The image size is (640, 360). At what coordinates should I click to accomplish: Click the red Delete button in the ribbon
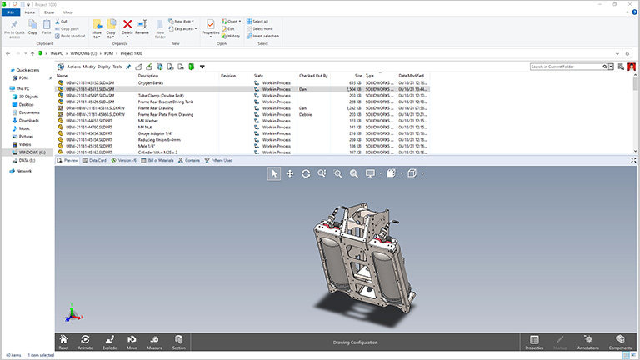click(127, 27)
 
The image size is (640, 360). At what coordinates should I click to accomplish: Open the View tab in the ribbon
click(67, 12)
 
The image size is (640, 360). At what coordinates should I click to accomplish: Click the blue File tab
click(11, 12)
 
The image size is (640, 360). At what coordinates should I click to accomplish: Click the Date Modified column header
click(412, 76)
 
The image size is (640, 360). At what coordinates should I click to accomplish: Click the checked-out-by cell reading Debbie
click(306, 114)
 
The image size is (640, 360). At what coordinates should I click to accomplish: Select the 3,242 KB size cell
click(353, 108)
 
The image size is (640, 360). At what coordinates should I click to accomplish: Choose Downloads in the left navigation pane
click(29, 120)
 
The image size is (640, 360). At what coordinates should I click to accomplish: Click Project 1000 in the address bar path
click(132, 52)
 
